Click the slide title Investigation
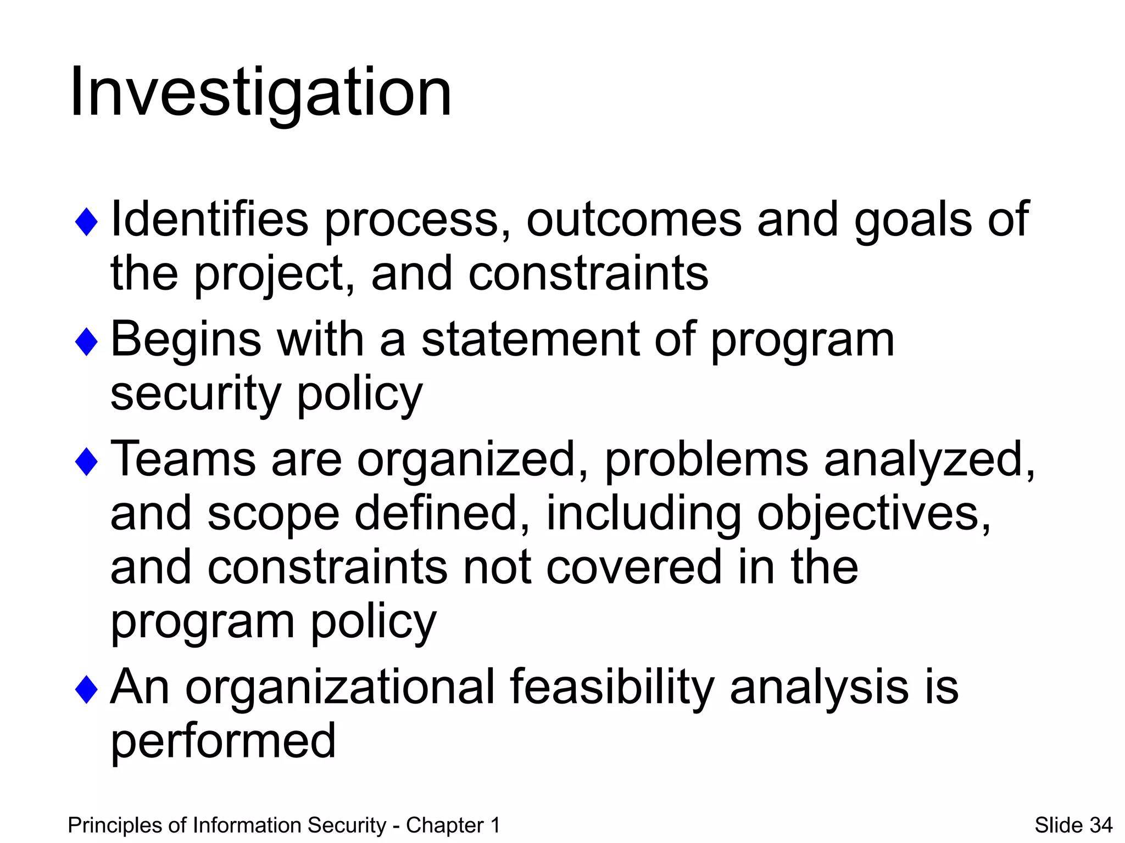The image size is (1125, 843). coord(260,92)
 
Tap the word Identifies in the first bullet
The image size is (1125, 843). coord(209,219)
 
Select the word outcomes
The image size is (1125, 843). coord(634,219)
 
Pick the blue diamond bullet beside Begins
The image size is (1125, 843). coord(86,341)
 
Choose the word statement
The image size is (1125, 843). coord(531,340)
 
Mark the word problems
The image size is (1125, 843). coord(706,460)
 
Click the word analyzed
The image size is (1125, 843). coord(928,460)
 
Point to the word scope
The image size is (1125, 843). coord(273,514)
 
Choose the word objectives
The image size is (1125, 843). coord(873,514)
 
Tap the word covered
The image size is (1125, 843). coord(634,567)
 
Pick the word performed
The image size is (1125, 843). coord(223,741)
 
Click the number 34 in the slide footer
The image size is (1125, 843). coord(1101,825)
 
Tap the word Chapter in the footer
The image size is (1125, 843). coord(445,825)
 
